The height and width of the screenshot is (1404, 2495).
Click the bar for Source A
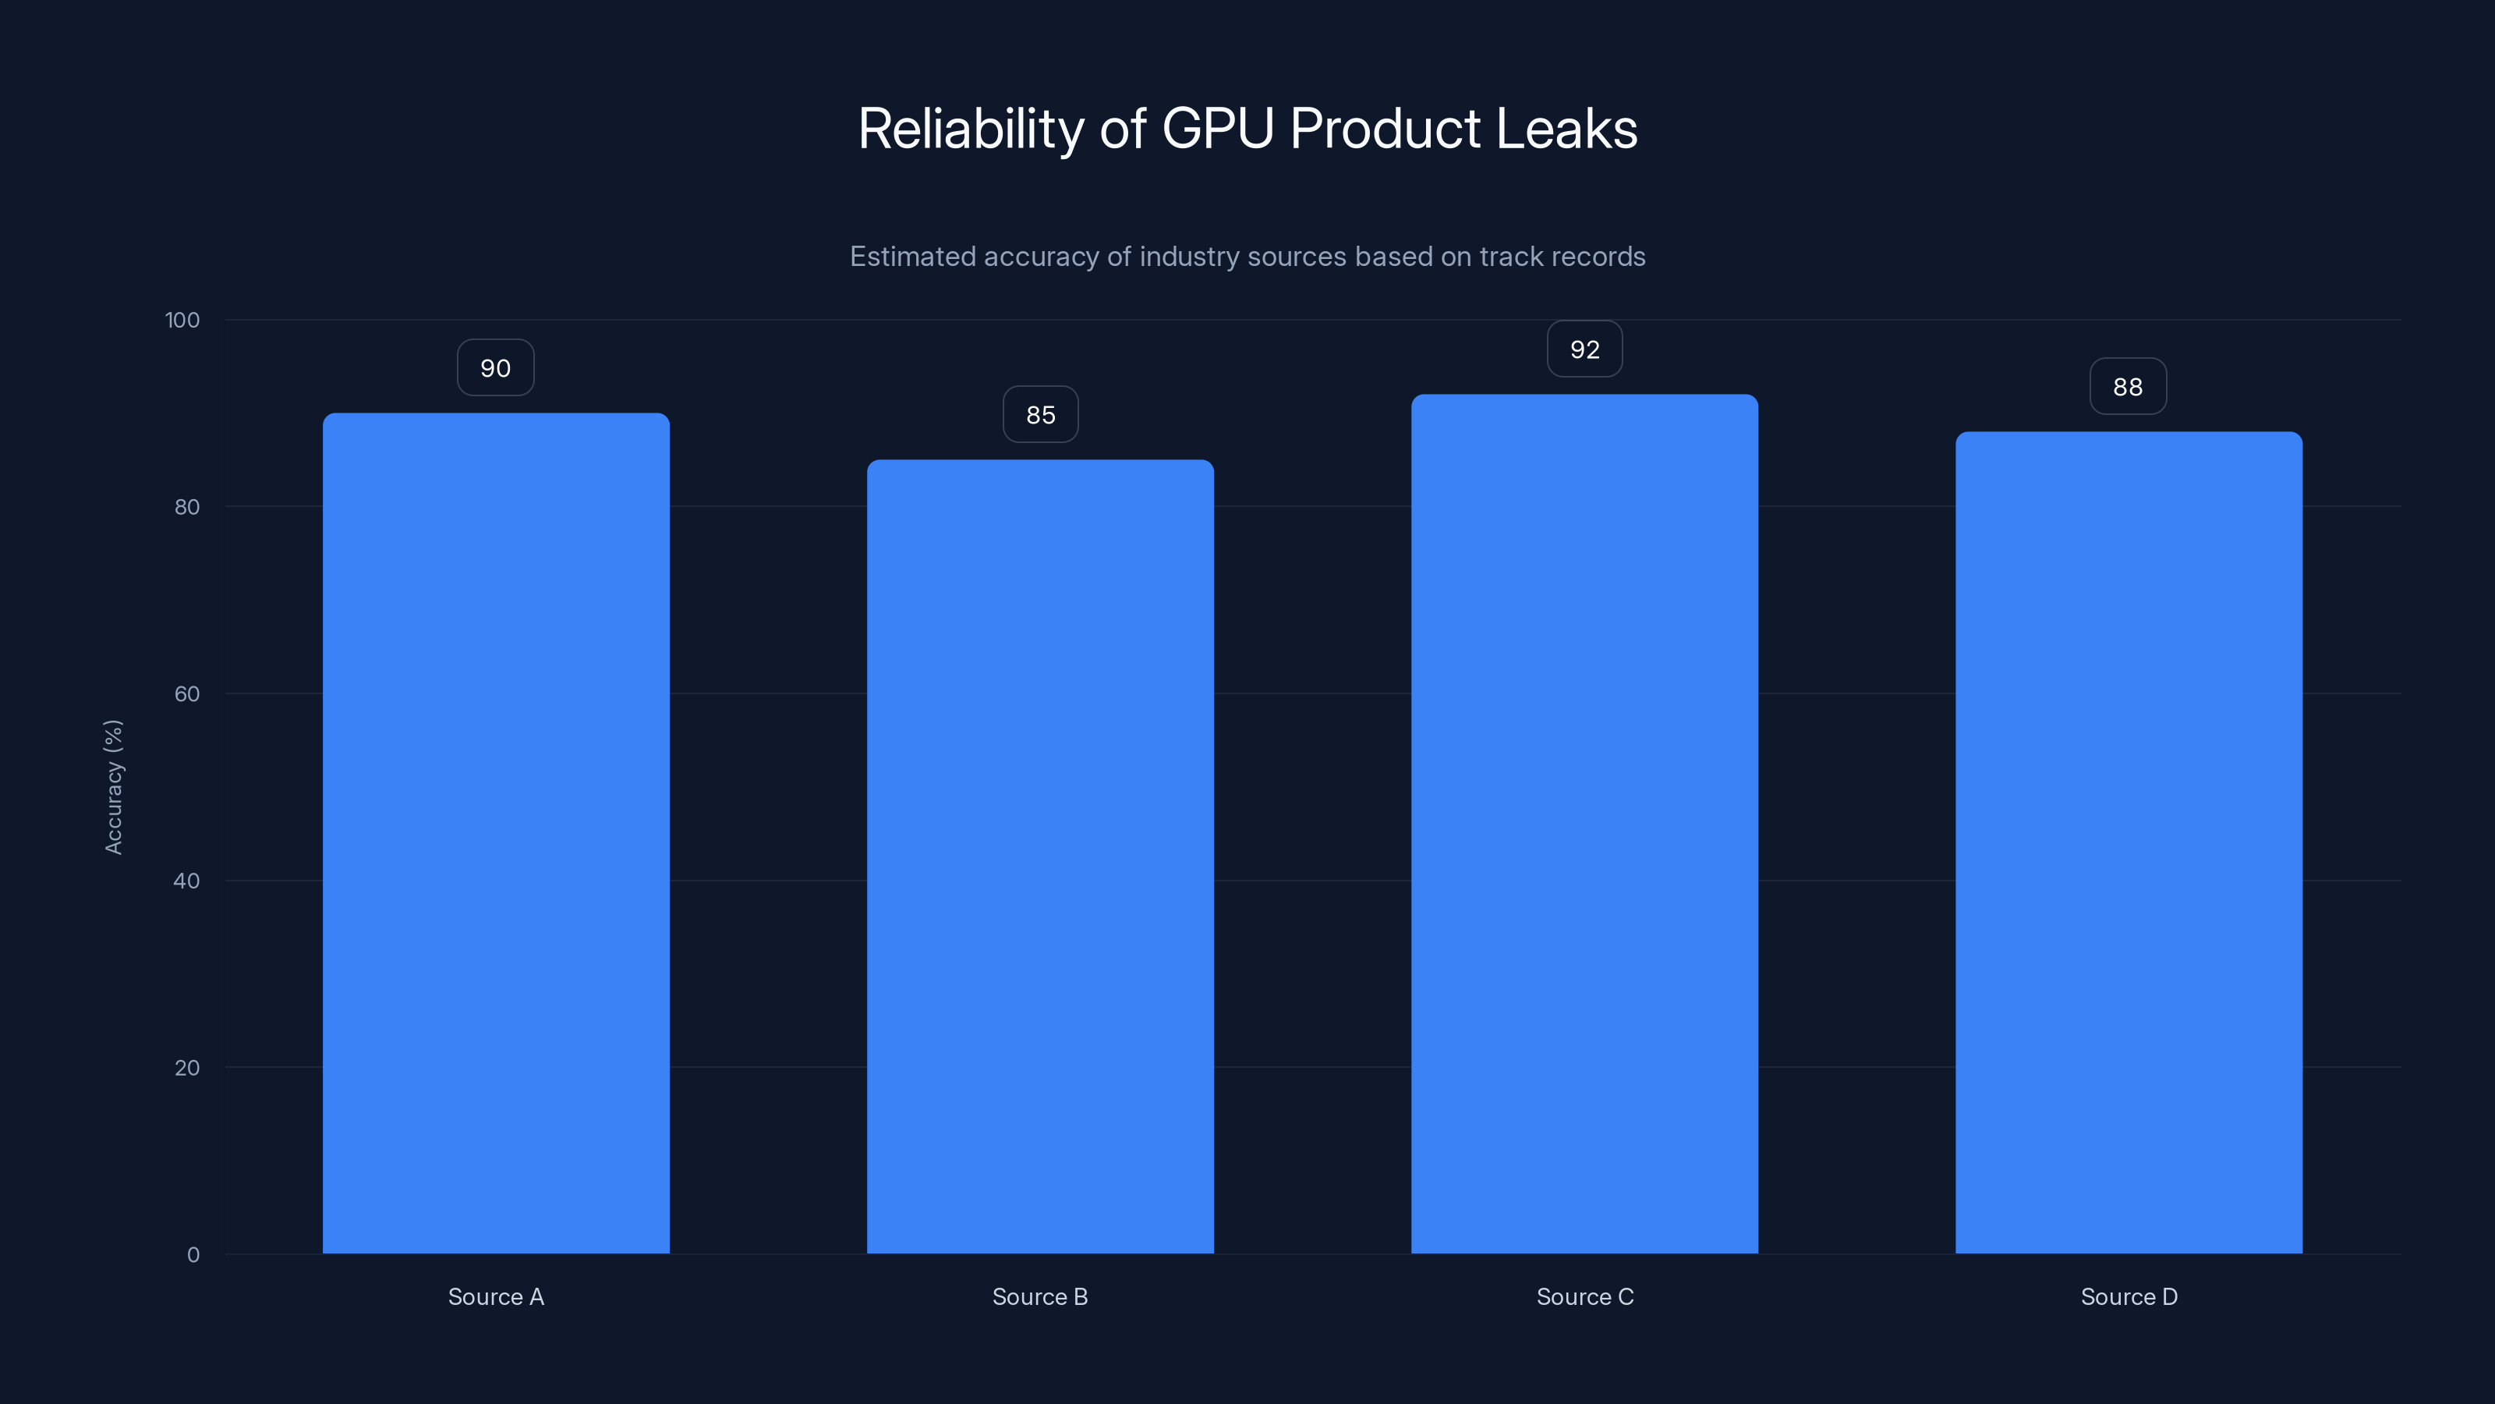pyautogui.click(x=496, y=833)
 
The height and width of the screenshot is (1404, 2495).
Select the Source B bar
pyautogui.click(x=1040, y=856)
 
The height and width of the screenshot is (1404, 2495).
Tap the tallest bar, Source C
pyautogui.click(x=1584, y=824)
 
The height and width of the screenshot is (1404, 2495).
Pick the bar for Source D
pyautogui.click(x=2129, y=843)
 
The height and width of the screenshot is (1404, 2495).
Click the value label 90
pyautogui.click(x=495, y=368)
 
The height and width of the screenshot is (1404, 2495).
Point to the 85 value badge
pyautogui.click(x=1040, y=415)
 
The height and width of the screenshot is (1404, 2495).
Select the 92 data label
pyautogui.click(x=1584, y=349)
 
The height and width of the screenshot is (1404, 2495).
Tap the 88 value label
pyautogui.click(x=2128, y=388)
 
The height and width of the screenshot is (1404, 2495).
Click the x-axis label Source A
pyautogui.click(x=496, y=1296)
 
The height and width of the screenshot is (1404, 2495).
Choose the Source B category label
pyautogui.click(x=1040, y=1296)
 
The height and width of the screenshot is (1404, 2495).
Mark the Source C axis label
pyautogui.click(x=1584, y=1296)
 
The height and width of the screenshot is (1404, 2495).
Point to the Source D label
pyautogui.click(x=2129, y=1296)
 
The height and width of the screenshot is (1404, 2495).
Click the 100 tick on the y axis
pyautogui.click(x=182, y=321)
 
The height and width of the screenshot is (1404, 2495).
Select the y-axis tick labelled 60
pyautogui.click(x=187, y=693)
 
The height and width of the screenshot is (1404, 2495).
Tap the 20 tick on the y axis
pyautogui.click(x=187, y=1068)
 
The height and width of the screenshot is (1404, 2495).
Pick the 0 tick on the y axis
pyautogui.click(x=193, y=1255)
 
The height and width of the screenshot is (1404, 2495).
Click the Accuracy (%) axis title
pyautogui.click(x=113, y=787)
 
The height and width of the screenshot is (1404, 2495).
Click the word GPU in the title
pyautogui.click(x=1217, y=129)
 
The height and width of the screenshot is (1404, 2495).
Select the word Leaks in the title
pyautogui.click(x=1566, y=129)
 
